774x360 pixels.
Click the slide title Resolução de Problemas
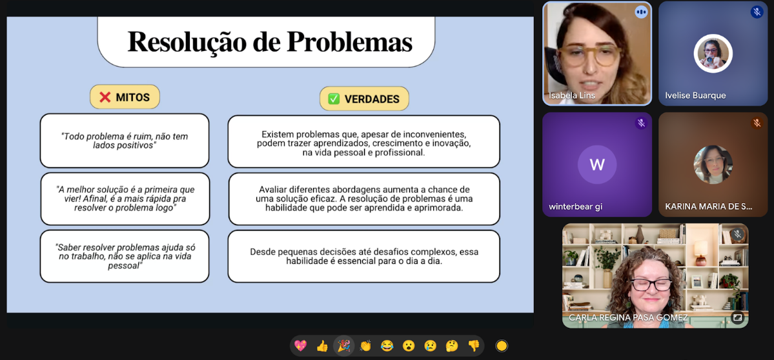[270, 41]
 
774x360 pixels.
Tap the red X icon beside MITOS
[105, 97]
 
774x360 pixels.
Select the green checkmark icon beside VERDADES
[334, 99]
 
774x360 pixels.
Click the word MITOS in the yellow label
[133, 97]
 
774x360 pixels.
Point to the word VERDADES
[372, 99]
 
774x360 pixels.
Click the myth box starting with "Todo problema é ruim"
[125, 141]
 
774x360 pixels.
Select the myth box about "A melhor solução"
[125, 199]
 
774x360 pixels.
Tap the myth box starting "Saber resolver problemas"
[125, 256]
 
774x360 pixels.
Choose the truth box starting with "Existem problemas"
[363, 142]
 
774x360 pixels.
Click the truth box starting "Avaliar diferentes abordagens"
[364, 199]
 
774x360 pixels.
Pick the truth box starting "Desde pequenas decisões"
[363, 256]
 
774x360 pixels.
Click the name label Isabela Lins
[572, 95]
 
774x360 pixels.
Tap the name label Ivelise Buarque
[695, 95]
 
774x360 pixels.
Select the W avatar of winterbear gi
[597, 164]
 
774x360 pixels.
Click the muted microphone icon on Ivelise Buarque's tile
[757, 12]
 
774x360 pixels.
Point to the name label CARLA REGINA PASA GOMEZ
[628, 318]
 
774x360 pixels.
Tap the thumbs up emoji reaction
[322, 346]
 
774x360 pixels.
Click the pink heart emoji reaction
[300, 346]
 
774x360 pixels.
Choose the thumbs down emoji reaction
[474, 346]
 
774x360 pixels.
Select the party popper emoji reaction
[343, 346]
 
